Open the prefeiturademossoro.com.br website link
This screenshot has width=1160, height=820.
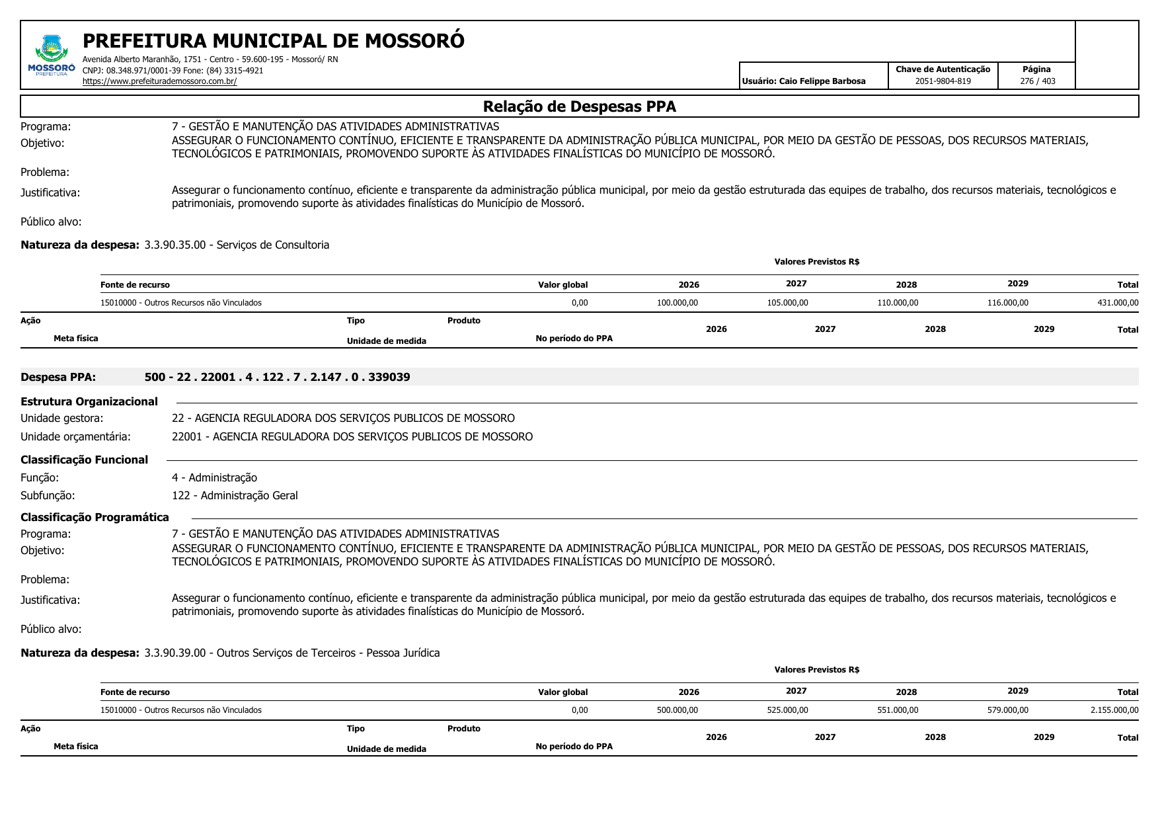pyautogui.click(x=159, y=81)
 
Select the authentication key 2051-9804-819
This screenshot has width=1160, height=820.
pyautogui.click(x=943, y=81)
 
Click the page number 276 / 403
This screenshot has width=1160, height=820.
pyautogui.click(x=1037, y=81)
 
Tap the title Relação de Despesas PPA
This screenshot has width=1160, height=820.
pyautogui.click(x=579, y=106)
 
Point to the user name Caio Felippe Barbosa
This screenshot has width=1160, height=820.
pyautogui.click(x=822, y=81)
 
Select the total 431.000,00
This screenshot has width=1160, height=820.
pyautogui.click(x=1118, y=303)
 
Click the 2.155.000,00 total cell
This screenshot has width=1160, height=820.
pyautogui.click(x=1114, y=710)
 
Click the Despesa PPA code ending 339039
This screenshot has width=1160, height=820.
pyautogui.click(x=277, y=377)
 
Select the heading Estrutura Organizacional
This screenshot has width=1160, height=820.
pyautogui.click(x=89, y=401)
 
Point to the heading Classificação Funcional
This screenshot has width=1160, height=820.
pyautogui.click(x=84, y=460)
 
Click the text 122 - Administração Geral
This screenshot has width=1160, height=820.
pyautogui.click(x=235, y=495)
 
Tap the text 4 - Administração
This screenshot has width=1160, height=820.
pyautogui.click(x=214, y=477)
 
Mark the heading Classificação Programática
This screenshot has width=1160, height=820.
pyautogui.click(x=95, y=517)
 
